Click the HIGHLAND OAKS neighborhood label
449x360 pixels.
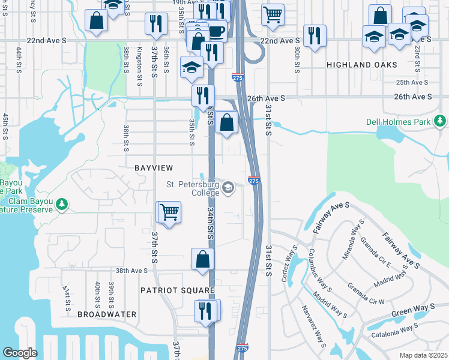(x=362, y=64)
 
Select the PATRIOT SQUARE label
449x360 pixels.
(x=177, y=290)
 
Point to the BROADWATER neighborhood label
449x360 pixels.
(x=106, y=314)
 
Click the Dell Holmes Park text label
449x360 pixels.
(x=399, y=122)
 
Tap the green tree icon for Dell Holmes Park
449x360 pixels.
(x=441, y=122)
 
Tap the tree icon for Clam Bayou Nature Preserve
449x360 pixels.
(x=61, y=205)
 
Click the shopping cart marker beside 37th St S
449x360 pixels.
(x=170, y=212)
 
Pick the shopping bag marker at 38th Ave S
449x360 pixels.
(x=203, y=259)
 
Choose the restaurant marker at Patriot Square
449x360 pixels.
(x=205, y=311)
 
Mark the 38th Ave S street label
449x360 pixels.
(x=131, y=271)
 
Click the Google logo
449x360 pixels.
(x=20, y=353)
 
